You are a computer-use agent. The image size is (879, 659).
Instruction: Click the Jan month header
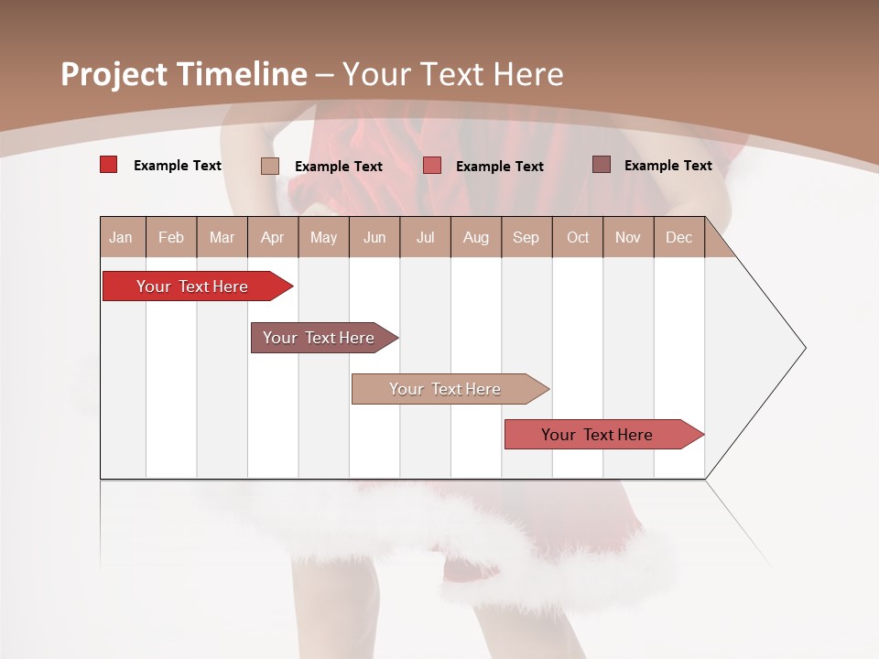tap(122, 237)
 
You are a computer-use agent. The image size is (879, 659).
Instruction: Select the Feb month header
tap(171, 237)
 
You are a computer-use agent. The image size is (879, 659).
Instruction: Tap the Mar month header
tap(222, 237)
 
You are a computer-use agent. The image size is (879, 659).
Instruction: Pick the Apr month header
tap(273, 237)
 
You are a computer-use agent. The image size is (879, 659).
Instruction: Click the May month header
tap(323, 237)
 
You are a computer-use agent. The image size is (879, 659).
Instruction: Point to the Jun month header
tap(374, 237)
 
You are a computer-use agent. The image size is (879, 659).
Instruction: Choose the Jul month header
tap(425, 237)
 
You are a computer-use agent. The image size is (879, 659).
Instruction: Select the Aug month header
tap(476, 237)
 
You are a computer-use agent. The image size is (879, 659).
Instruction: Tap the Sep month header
tap(526, 237)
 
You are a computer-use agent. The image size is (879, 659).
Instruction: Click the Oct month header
tap(578, 237)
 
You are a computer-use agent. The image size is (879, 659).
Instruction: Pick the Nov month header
tap(628, 237)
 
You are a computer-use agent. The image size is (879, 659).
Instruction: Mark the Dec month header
tap(679, 237)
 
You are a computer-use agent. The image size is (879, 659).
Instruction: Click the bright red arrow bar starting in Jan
tap(193, 286)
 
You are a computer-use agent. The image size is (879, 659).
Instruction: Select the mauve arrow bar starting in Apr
tap(320, 338)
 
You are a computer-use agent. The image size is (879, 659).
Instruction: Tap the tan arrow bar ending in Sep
tap(446, 389)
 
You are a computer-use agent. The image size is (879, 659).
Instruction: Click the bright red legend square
tap(109, 165)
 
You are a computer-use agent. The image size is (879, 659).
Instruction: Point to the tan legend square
tap(270, 166)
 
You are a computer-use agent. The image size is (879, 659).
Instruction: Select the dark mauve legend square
tap(602, 165)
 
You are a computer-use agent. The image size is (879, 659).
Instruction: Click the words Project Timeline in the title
tap(184, 74)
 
